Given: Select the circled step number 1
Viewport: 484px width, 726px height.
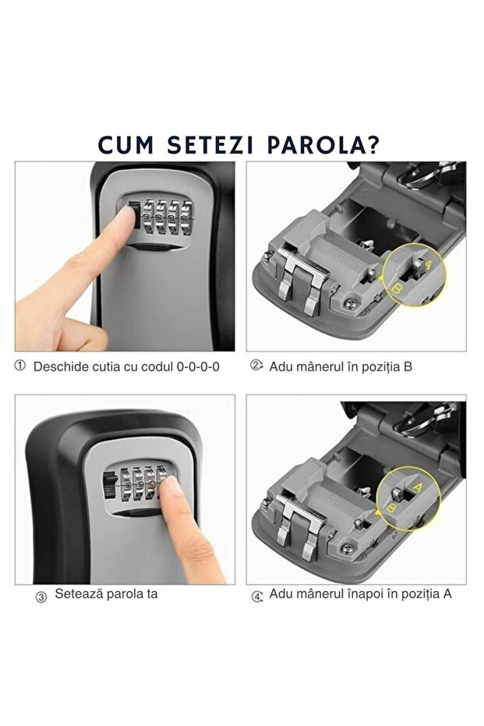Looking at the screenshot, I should point(20,365).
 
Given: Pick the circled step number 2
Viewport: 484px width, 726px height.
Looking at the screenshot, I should point(256,365).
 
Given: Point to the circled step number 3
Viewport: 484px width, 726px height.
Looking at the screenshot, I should point(41,597).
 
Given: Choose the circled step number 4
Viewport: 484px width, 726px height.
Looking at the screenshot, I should point(256,597).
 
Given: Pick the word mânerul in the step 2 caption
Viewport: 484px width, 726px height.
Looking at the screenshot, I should point(318,366).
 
